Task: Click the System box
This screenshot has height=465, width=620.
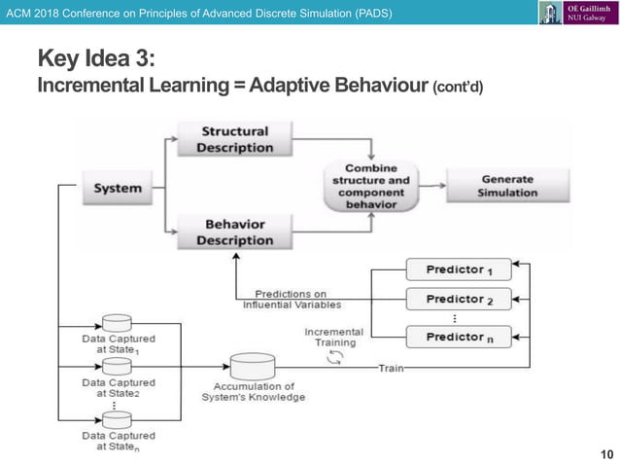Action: pos(118,188)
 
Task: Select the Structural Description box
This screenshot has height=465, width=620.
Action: pos(234,139)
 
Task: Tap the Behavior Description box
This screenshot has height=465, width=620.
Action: pos(234,232)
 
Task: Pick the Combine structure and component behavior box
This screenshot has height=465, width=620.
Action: pos(371,187)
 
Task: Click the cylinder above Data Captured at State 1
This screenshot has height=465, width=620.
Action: pos(117,323)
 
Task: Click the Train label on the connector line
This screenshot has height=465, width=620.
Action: pos(392,368)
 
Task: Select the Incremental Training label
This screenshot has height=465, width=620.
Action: pos(333,337)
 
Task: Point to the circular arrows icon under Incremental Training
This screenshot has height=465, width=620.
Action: pos(335,357)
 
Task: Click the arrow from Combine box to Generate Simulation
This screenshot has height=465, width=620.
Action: pos(431,186)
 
